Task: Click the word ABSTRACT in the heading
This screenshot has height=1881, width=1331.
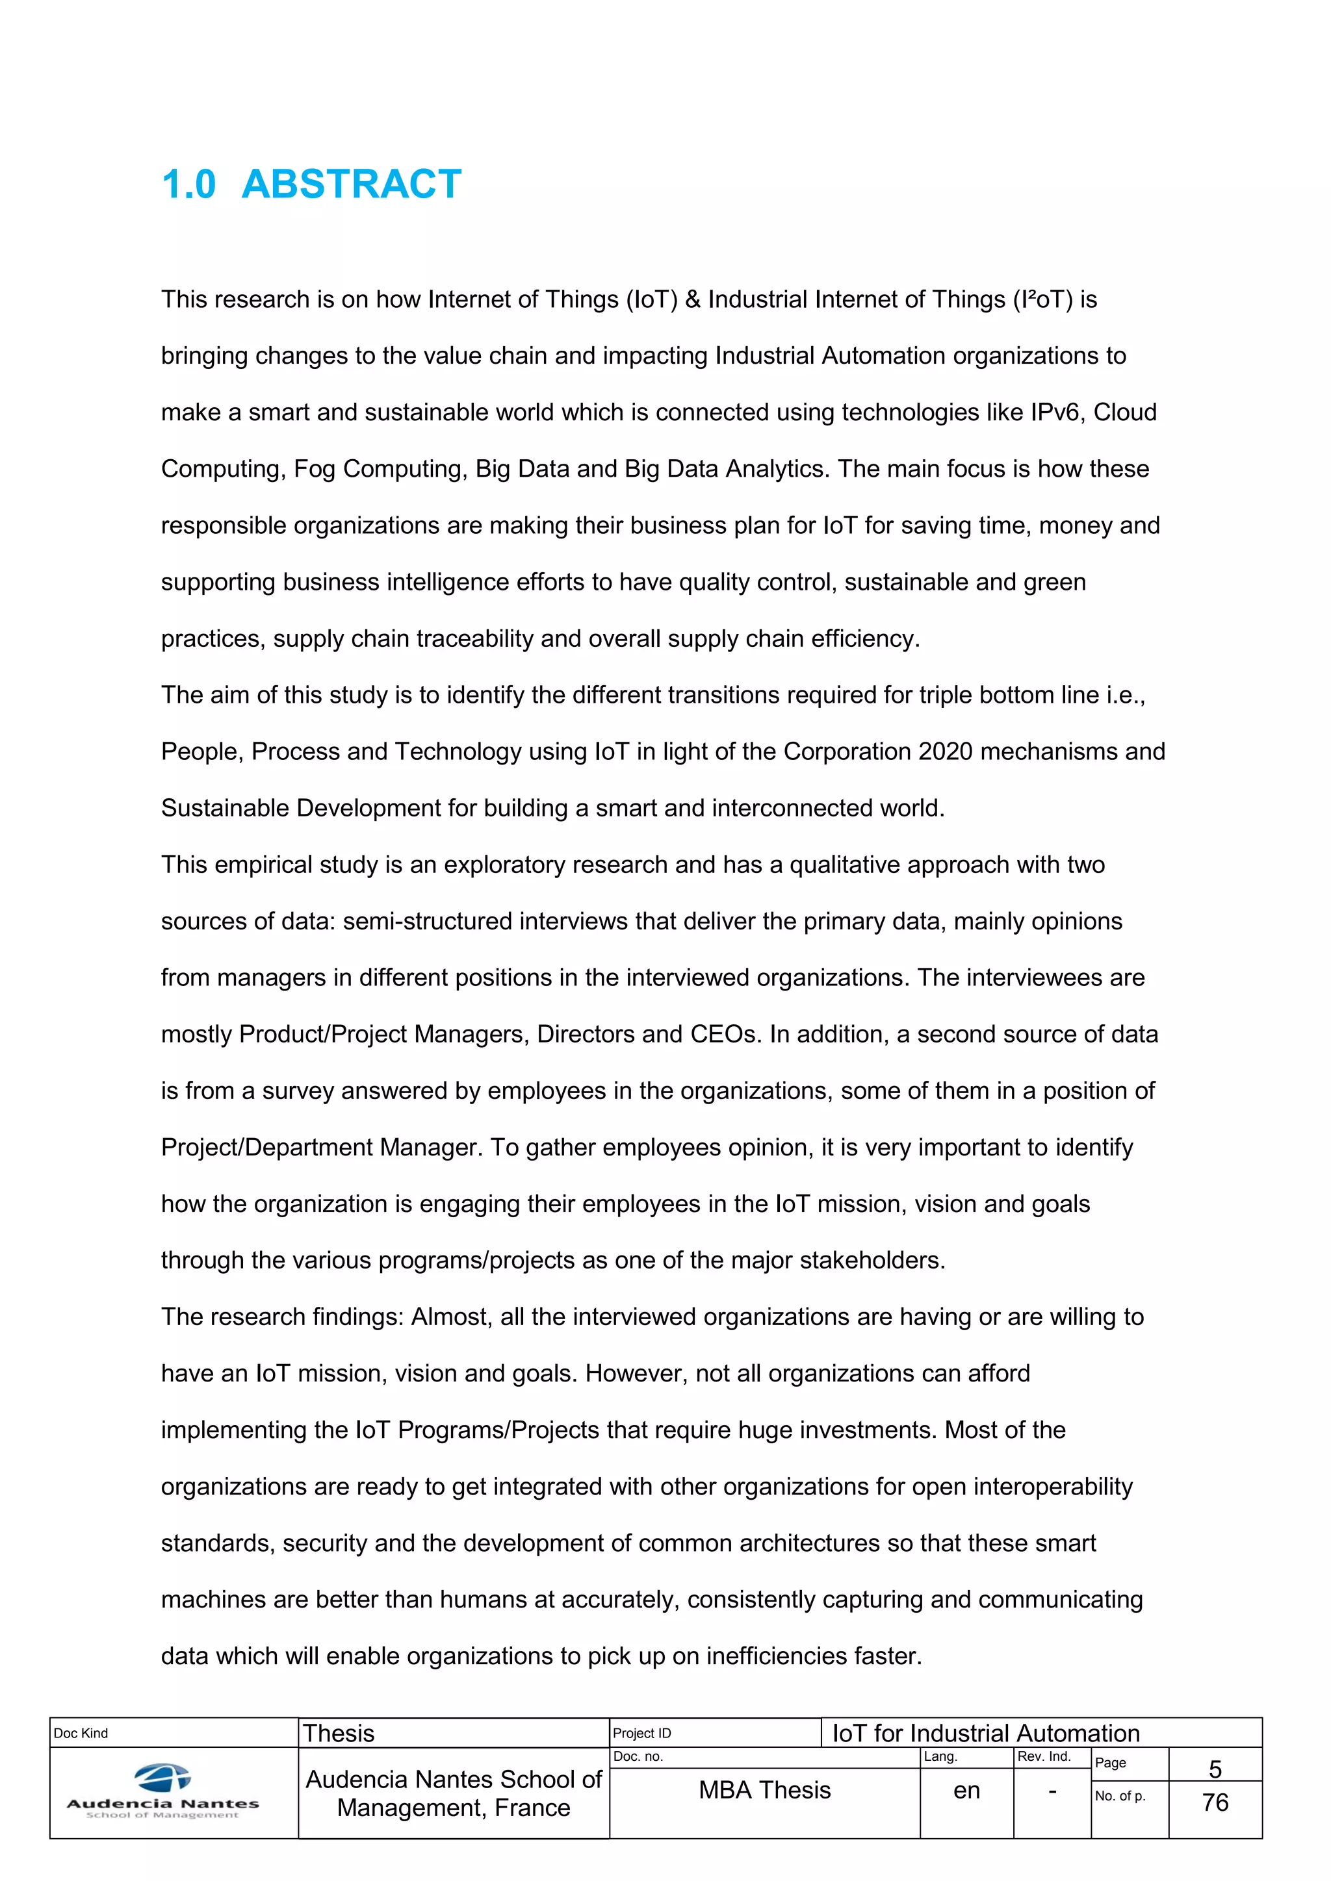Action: pos(351,184)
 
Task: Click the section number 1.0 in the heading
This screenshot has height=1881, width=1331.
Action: pos(188,184)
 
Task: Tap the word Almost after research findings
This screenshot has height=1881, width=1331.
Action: pos(450,1317)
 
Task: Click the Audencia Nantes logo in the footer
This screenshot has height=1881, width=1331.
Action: pos(162,1793)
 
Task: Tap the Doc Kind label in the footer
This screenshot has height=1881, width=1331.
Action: pos(81,1733)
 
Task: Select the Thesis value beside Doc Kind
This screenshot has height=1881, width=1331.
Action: pos(339,1734)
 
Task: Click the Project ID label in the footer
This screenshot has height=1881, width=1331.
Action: pos(641,1733)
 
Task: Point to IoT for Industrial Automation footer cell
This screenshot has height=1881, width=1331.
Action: pos(986,1734)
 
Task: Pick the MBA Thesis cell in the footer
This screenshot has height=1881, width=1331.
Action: pos(765,1790)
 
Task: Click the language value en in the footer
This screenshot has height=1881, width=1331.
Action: pos(966,1790)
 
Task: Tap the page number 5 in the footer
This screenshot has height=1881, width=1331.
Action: pos(1215,1769)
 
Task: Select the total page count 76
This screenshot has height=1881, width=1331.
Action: pos(1215,1802)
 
